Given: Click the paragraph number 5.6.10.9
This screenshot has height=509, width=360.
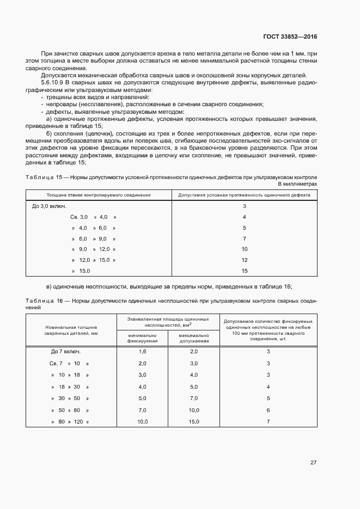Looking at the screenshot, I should [54, 82].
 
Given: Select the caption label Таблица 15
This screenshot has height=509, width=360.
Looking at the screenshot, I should [45, 177].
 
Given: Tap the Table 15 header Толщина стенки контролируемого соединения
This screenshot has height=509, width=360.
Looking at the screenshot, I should [99, 194].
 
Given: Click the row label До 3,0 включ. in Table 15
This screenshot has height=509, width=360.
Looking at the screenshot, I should [50, 206].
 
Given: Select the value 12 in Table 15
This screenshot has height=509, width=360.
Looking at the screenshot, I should [245, 260].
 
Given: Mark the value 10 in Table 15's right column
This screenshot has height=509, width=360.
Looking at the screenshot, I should [245, 249].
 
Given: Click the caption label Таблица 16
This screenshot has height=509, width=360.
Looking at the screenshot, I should [45, 301].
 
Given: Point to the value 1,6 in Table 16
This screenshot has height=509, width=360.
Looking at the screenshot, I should [143, 351].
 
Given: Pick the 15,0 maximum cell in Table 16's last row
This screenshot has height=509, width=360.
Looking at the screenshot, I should [193, 422].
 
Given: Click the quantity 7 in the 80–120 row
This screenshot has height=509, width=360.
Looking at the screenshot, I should [268, 422].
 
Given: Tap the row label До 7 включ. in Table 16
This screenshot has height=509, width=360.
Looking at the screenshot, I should [66, 351].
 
